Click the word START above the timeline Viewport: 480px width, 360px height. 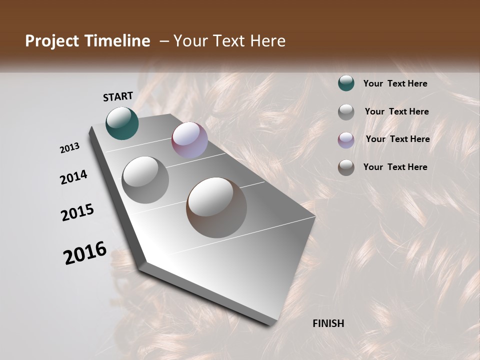pyautogui.click(x=118, y=96)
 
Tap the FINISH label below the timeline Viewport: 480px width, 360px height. pyautogui.click(x=328, y=323)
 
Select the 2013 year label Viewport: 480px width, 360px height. pyautogui.click(x=70, y=148)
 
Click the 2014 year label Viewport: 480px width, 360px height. pyautogui.click(x=73, y=177)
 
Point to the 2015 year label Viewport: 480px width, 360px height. pyautogui.click(x=77, y=212)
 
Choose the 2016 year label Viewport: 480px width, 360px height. pyautogui.click(x=85, y=252)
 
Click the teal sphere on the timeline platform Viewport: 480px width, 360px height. pyautogui.click(x=122, y=123)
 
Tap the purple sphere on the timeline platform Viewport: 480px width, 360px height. pyautogui.click(x=189, y=140)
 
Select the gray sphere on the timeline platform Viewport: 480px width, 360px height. pyautogui.click(x=145, y=179)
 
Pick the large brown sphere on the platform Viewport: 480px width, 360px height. pyautogui.click(x=216, y=207)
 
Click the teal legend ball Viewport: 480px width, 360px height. pyautogui.click(x=346, y=83)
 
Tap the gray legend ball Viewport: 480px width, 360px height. pyautogui.click(x=346, y=112)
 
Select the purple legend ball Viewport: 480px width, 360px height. pyautogui.click(x=346, y=140)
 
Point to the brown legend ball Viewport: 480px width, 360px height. pyautogui.click(x=346, y=167)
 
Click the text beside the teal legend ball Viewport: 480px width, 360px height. pyautogui.click(x=395, y=83)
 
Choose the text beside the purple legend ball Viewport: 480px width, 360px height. pyautogui.click(x=397, y=139)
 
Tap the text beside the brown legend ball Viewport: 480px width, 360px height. pyautogui.click(x=395, y=167)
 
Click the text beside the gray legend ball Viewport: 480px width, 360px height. pyautogui.click(x=396, y=111)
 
